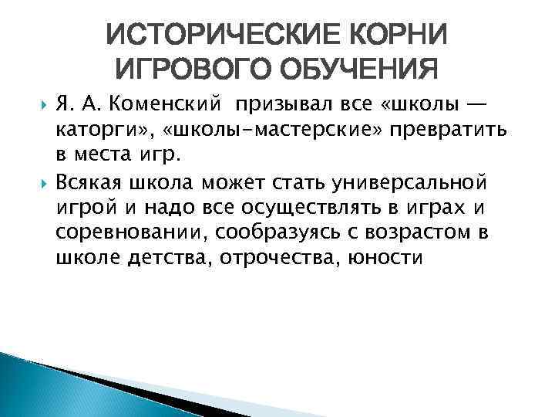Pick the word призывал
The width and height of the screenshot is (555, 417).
click(x=278, y=104)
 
